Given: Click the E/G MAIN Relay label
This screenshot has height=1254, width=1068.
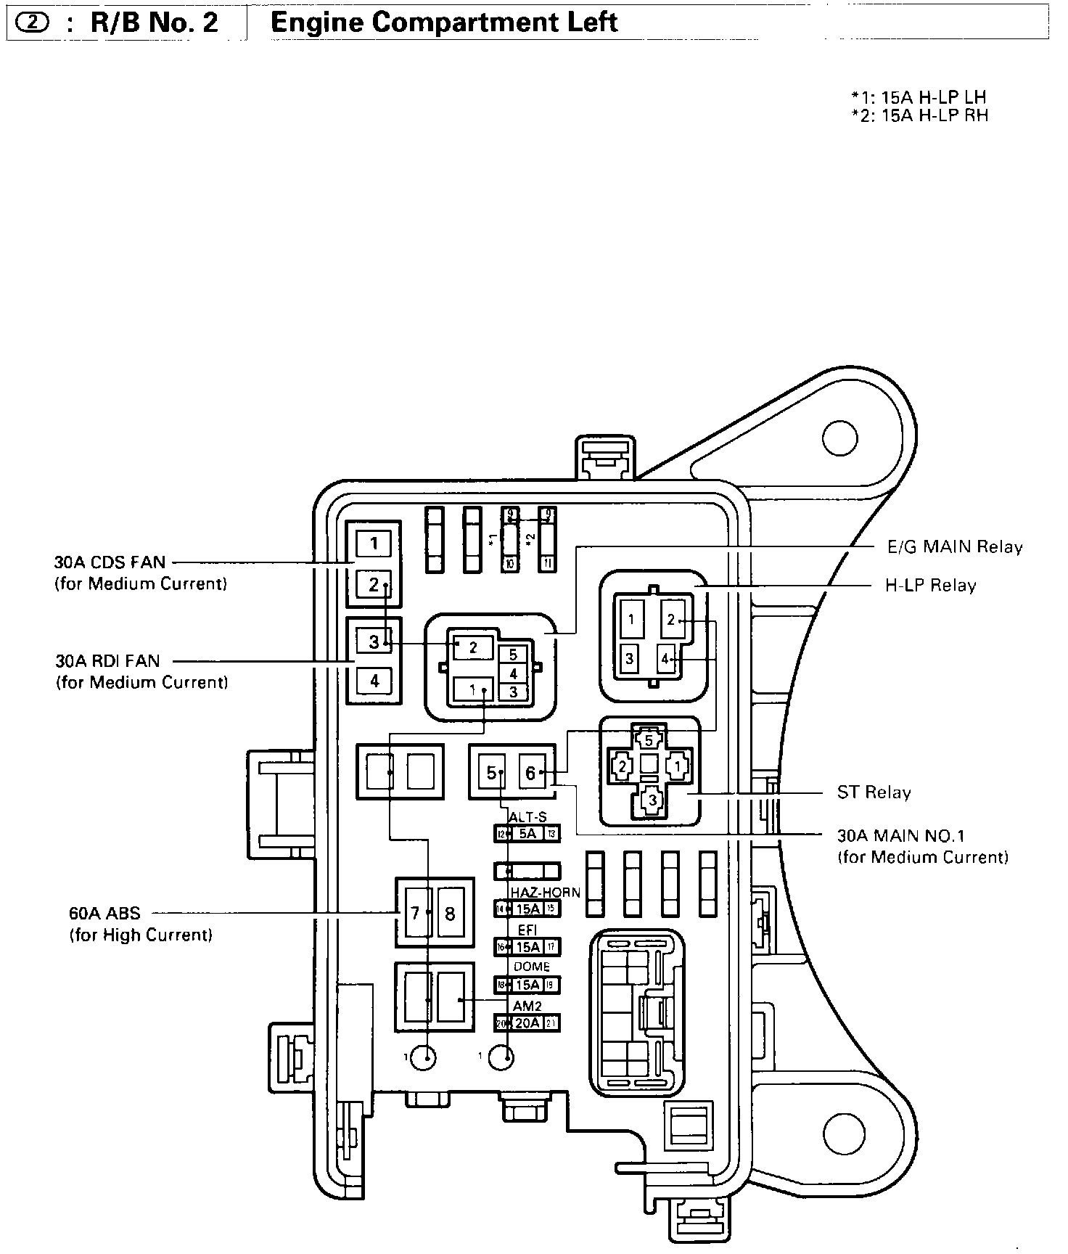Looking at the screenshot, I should [955, 546].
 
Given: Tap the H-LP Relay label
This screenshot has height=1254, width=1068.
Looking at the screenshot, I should [930, 586].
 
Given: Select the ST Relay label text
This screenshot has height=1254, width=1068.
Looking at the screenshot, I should [874, 792].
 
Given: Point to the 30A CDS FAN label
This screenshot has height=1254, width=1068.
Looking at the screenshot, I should [110, 562].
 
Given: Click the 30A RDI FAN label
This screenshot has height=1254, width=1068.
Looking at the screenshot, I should [107, 661].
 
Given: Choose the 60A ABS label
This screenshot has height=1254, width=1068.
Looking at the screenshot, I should [104, 914].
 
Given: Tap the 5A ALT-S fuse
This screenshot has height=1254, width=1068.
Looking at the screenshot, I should [527, 834].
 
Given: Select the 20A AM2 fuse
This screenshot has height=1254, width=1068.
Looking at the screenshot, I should [527, 1023].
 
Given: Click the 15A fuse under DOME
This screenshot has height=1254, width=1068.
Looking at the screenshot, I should [527, 985].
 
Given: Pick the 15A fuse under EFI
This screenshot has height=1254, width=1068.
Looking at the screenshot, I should [527, 947].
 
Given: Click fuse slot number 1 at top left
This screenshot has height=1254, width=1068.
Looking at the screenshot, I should [374, 543].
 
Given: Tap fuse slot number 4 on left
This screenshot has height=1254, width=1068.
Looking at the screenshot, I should [374, 681].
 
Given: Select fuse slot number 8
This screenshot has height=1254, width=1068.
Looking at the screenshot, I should [450, 914].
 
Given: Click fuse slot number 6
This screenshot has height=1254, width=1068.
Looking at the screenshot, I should [530, 774].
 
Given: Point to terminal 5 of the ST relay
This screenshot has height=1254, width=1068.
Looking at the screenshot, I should [649, 740].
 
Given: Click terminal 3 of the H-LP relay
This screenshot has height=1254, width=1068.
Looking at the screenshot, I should [630, 659].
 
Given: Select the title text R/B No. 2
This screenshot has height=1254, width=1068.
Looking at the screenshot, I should [153, 22].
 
